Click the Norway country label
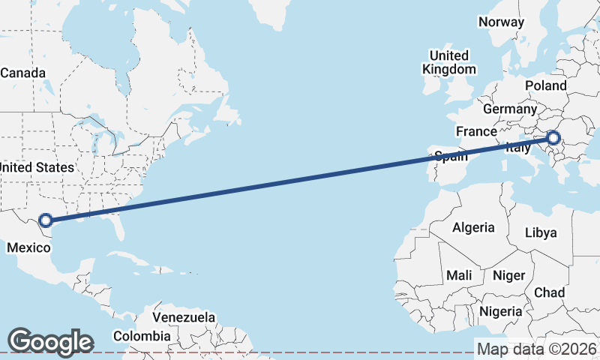(x=501, y=22)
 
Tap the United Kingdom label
(x=448, y=62)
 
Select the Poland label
(x=545, y=85)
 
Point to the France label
(x=476, y=131)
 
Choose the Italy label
(x=518, y=148)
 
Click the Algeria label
(x=473, y=227)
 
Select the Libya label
(x=541, y=232)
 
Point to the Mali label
(x=459, y=275)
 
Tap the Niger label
(x=508, y=275)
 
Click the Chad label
(x=550, y=292)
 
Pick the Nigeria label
(x=500, y=310)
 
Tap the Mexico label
(x=28, y=247)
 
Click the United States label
(x=37, y=167)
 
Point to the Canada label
(x=23, y=73)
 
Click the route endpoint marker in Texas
(x=45, y=220)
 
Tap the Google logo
(x=50, y=341)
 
